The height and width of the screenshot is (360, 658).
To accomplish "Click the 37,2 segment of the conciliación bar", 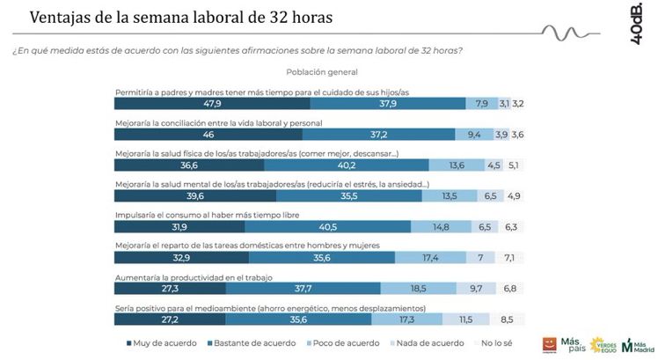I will (378, 135).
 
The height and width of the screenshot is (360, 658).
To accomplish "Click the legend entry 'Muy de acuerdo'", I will (161, 343).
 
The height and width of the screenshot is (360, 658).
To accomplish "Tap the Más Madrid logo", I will (635, 342).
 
